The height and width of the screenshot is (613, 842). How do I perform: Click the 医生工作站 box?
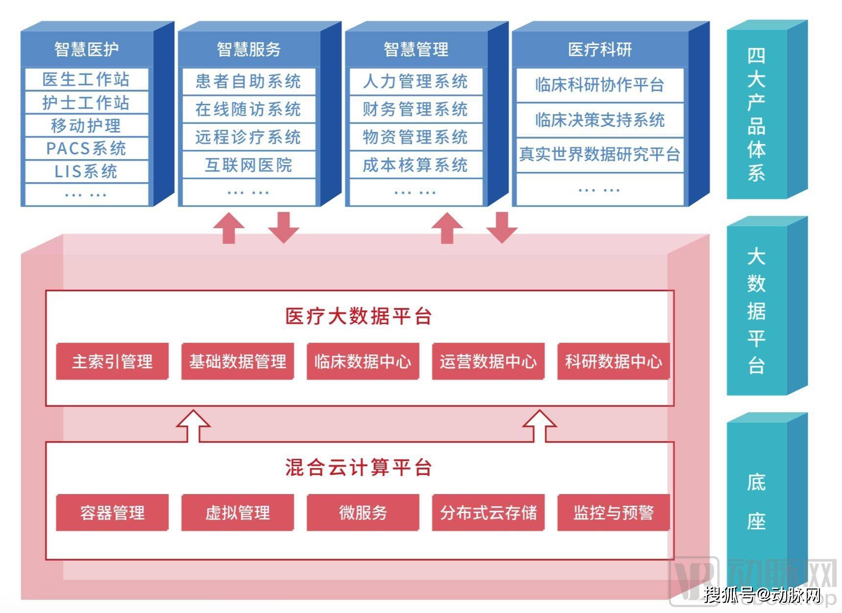86,79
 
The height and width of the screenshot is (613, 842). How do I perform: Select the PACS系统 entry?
86,148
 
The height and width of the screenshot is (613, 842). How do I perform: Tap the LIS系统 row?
86,171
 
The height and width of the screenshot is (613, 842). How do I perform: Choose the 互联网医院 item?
248,165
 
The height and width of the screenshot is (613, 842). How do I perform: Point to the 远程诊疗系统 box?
248,137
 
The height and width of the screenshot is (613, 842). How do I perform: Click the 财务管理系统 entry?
415,109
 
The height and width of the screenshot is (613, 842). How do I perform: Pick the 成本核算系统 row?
415,165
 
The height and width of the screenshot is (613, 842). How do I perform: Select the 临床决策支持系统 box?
600,120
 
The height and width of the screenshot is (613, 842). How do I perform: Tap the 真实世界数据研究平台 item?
600,155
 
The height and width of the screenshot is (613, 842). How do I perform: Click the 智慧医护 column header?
86,49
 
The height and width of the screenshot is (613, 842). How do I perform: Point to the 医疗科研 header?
600,49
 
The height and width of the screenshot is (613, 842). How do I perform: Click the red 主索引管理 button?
112,361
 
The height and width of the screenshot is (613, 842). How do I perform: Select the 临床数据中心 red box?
363,361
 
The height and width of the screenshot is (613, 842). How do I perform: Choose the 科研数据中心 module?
613,361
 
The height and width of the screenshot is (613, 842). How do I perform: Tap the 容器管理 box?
112,513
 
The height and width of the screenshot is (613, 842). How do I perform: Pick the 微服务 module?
363,513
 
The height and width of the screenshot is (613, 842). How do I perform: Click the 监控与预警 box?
613,513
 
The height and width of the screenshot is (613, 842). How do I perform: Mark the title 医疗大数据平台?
358,316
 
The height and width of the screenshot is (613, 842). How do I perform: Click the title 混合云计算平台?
358,468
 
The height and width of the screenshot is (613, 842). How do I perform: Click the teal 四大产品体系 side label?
756,114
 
